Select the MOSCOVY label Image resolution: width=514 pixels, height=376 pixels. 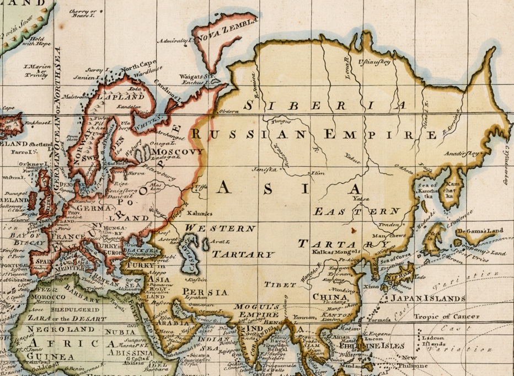pos(177,151)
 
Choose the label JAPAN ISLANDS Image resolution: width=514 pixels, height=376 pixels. pos(427,299)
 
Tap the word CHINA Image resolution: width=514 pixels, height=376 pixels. pos(329,297)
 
